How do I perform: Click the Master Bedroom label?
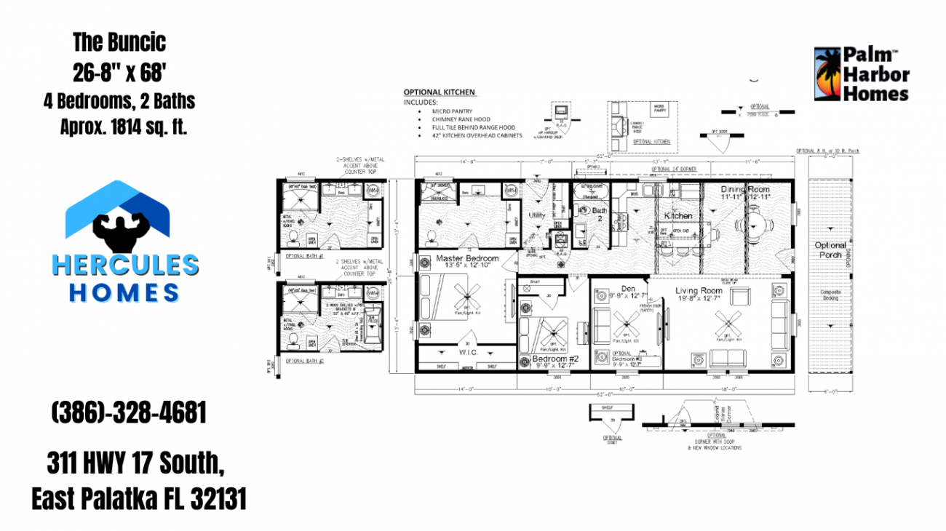click(467, 258)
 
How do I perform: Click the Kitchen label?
click(678, 216)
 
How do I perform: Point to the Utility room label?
click(537, 215)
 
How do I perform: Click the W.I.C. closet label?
click(468, 353)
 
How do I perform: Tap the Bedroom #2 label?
click(555, 359)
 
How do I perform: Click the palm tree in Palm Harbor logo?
click(826, 74)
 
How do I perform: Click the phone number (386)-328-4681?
click(129, 413)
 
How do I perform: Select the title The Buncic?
click(119, 42)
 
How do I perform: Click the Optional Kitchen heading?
click(440, 92)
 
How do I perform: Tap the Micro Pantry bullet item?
click(450, 111)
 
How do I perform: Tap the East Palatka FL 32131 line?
click(139, 499)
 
